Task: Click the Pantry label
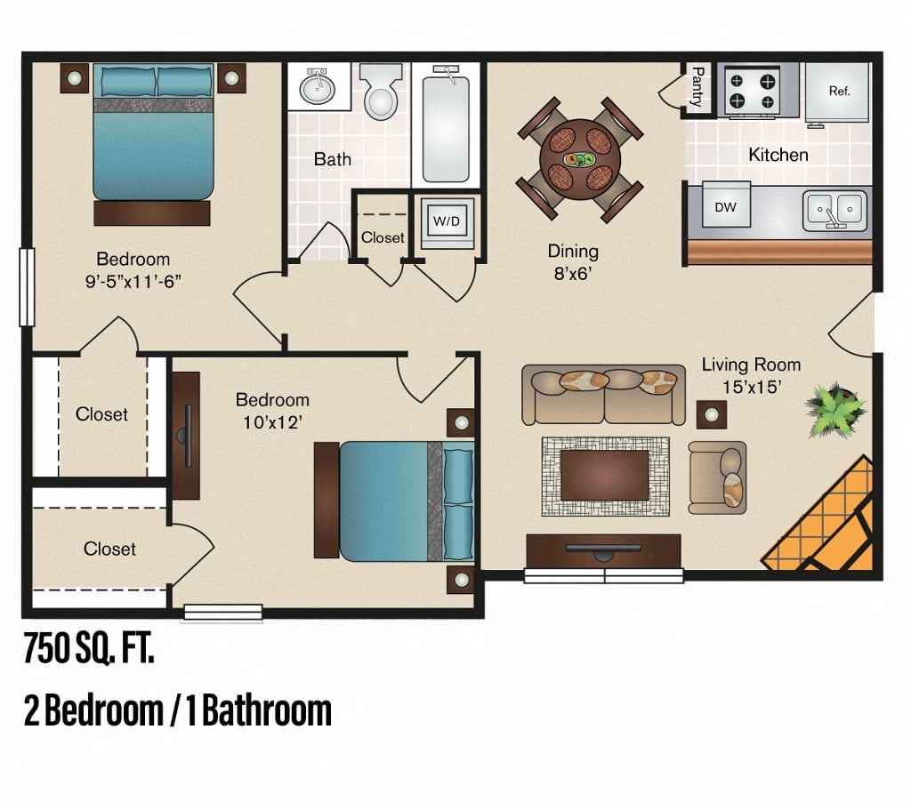697,87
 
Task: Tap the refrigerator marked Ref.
839,91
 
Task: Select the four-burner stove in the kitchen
749,89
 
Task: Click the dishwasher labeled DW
725,207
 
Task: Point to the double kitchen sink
834,211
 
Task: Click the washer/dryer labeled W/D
446,221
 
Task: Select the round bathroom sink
315,88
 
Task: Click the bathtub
447,124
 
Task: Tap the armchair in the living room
717,477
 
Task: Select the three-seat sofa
604,394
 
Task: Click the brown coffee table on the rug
605,475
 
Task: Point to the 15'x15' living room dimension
751,387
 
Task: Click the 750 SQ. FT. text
89,649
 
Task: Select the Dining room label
573,252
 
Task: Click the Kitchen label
778,155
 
